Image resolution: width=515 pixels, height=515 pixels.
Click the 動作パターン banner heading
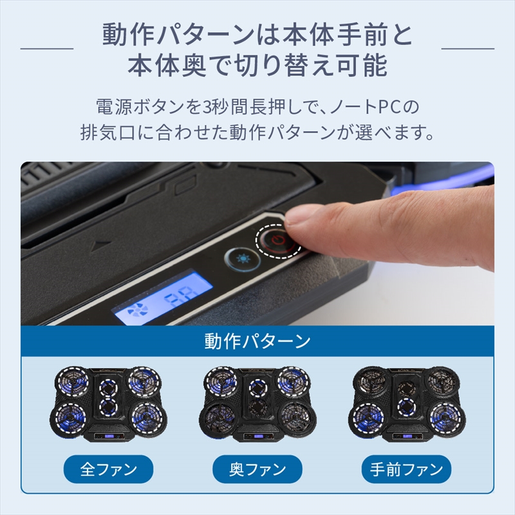257,341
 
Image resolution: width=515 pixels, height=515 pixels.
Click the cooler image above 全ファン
108,404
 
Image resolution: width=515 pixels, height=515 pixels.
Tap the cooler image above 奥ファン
257,404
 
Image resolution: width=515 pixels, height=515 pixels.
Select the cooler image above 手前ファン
406,404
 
